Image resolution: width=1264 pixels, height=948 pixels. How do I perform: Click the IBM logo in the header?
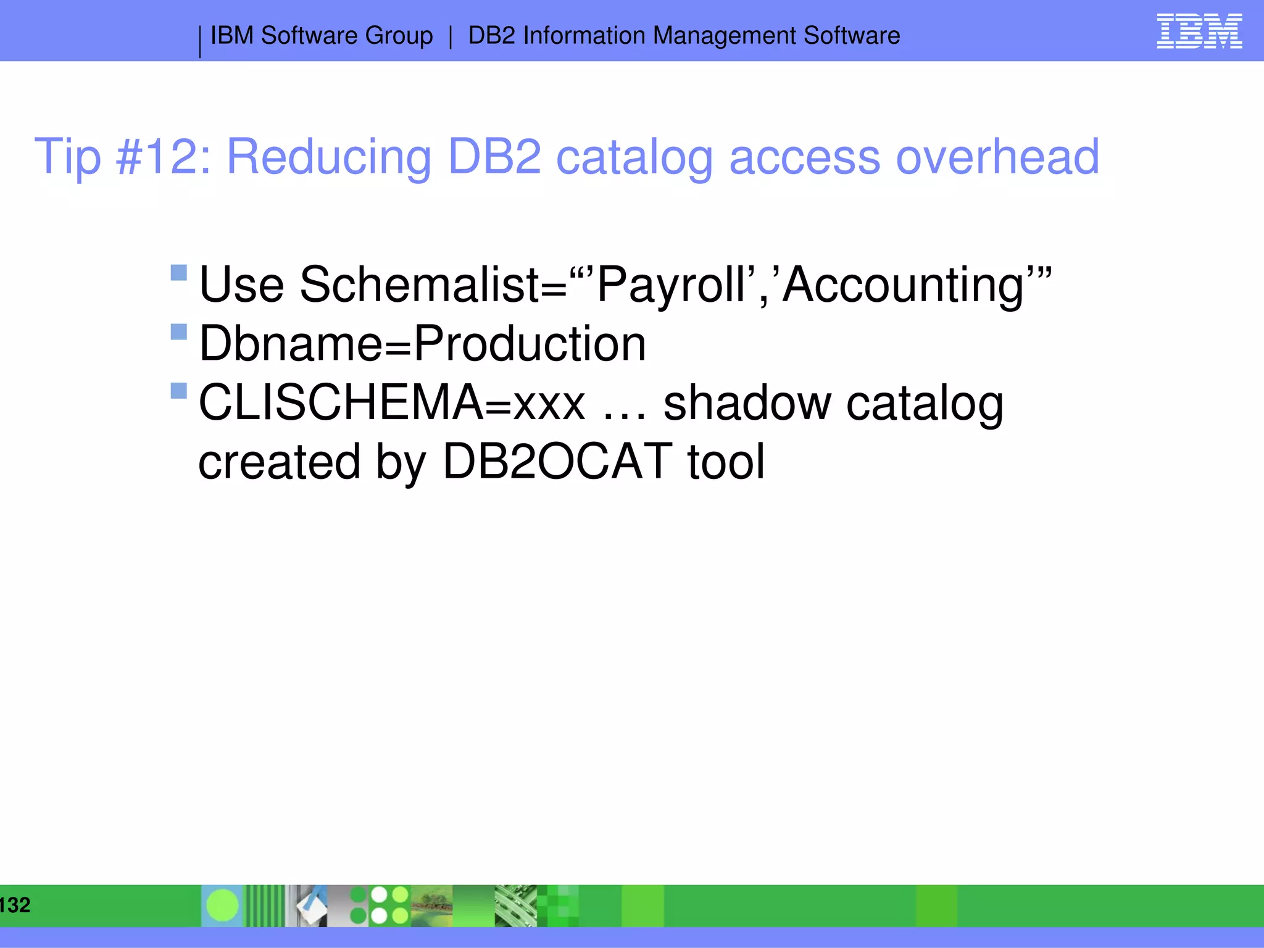click(x=1199, y=31)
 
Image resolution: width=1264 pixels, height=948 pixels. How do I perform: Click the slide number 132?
click(x=15, y=905)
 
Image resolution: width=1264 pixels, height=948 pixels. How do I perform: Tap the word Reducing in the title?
click(x=328, y=157)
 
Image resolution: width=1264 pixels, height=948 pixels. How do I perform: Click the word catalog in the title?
click(x=634, y=158)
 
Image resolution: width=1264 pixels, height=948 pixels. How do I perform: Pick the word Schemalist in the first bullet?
click(x=432, y=285)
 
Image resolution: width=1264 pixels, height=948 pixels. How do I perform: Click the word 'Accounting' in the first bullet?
click(x=904, y=285)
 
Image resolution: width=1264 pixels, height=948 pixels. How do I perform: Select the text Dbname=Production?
click(x=423, y=344)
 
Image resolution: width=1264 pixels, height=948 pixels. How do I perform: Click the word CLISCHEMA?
click(x=341, y=402)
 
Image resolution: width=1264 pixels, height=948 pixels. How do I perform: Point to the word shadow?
click(x=747, y=402)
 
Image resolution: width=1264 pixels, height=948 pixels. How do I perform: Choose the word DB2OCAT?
click(x=557, y=461)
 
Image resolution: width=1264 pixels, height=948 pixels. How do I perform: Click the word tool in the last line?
click(x=726, y=461)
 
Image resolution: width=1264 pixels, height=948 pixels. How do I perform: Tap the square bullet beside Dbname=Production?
click(x=178, y=332)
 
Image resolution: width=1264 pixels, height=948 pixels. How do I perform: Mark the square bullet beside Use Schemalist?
click(x=178, y=273)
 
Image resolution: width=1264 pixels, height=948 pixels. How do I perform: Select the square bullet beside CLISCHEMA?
click(x=178, y=391)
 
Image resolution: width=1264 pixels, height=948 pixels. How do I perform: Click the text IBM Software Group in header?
click(x=322, y=36)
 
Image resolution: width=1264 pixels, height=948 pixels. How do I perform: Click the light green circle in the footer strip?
click(x=222, y=905)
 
